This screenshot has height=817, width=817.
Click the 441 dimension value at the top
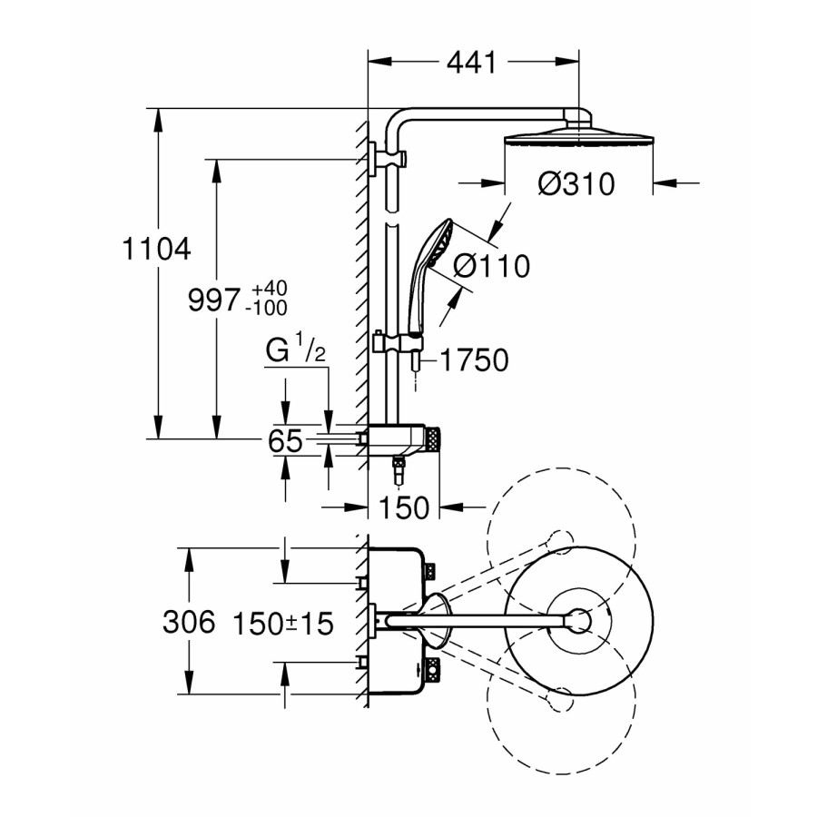(x=471, y=63)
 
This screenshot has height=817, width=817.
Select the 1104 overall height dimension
(x=156, y=249)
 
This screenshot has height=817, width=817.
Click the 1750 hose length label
(x=474, y=360)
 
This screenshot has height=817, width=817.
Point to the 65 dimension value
(x=284, y=441)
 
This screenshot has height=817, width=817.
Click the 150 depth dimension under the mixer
(x=404, y=507)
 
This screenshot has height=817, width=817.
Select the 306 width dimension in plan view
(x=189, y=622)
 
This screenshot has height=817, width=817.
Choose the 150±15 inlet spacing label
(x=283, y=623)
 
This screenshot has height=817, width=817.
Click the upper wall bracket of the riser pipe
(x=388, y=159)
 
